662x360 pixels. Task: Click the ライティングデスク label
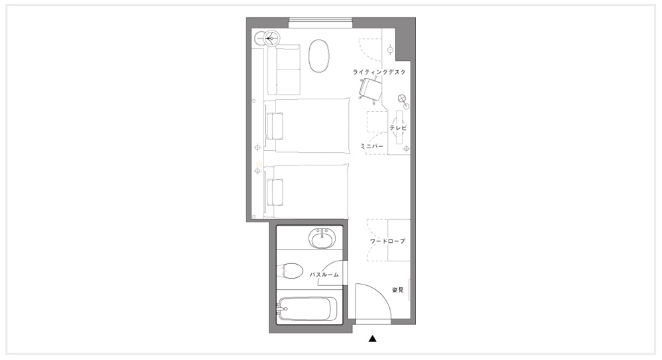[379, 72]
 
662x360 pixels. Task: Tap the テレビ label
[398, 128]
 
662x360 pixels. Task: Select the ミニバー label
[372, 146]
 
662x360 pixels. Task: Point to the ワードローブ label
[387, 241]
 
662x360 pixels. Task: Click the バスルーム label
[324, 275]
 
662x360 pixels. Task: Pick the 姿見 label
[398, 290]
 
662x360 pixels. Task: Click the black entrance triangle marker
[372, 338]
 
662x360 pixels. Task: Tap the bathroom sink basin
[323, 239]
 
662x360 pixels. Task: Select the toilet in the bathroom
[291, 271]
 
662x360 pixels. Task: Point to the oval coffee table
[319, 56]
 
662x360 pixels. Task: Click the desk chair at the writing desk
[369, 89]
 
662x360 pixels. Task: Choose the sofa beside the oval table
[283, 69]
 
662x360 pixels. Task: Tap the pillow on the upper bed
[275, 126]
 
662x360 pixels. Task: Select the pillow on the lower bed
[275, 192]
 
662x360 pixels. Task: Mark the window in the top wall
[320, 22]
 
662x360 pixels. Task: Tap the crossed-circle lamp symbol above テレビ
[402, 99]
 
